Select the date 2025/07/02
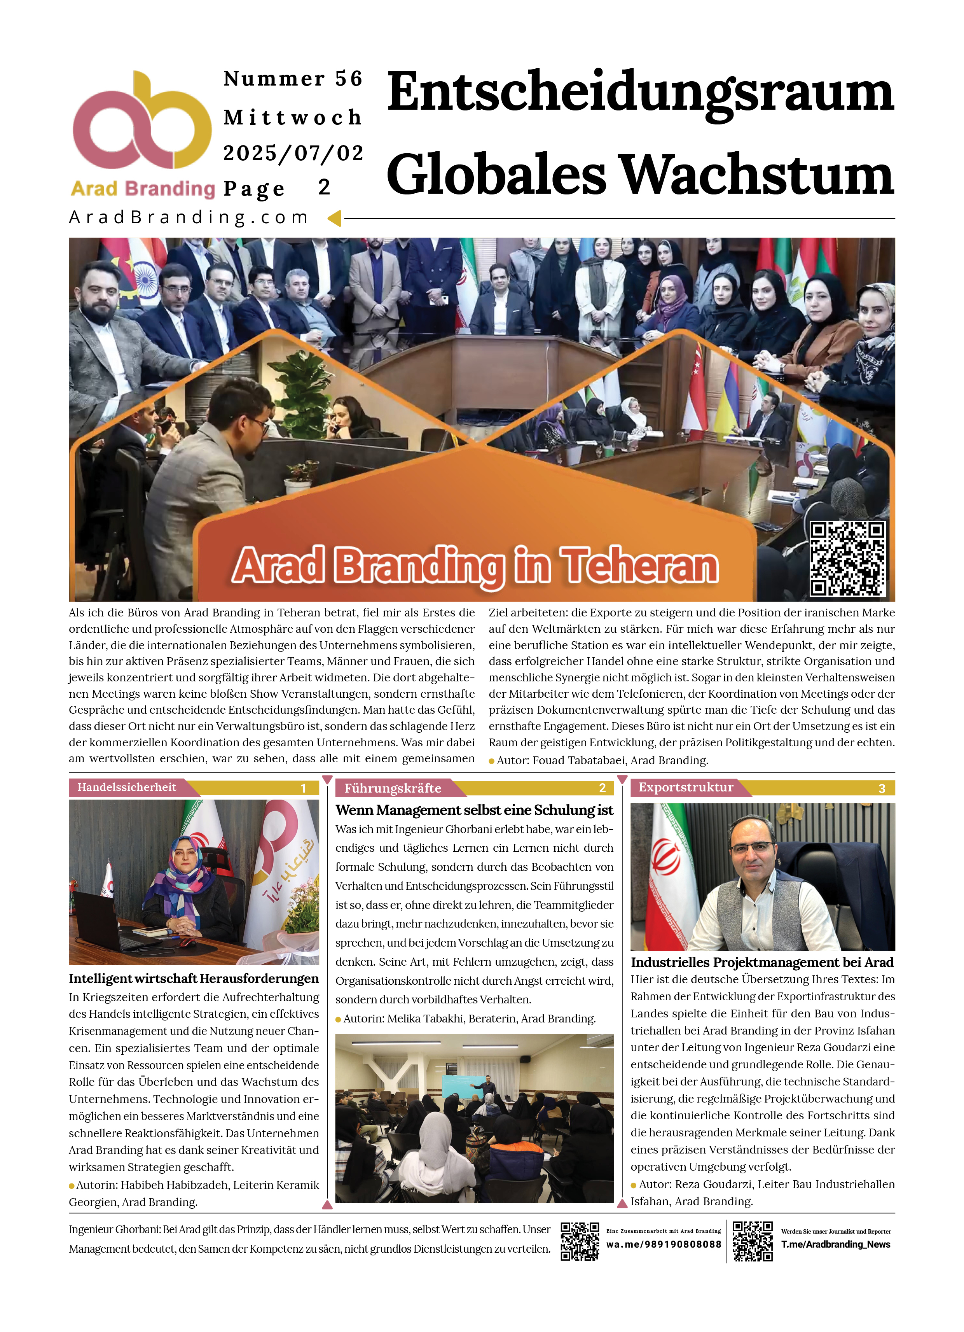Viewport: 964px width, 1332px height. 293,153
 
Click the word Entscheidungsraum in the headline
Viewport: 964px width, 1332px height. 640,93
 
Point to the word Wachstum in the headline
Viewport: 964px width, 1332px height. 757,175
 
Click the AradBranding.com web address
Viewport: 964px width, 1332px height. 189,217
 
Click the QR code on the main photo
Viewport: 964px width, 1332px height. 847,558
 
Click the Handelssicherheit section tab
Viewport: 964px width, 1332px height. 127,788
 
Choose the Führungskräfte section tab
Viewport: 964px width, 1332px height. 393,788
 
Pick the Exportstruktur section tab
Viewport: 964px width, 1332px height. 686,788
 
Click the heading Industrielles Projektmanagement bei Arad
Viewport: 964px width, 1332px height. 761,962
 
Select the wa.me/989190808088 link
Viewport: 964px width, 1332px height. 664,1244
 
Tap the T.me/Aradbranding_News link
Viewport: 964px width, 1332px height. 835,1244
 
